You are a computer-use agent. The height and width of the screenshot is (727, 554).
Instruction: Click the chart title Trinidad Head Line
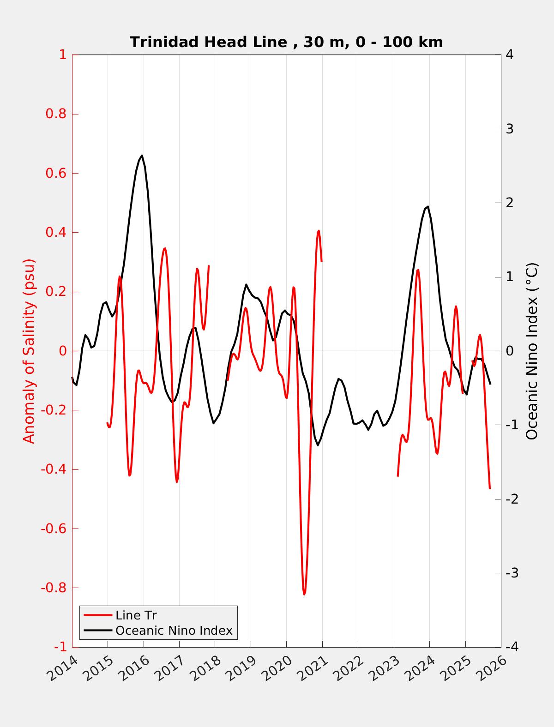coord(286,42)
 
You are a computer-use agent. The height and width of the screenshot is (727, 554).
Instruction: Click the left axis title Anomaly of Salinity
coord(29,351)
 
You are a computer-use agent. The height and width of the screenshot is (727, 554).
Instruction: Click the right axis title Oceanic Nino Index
coord(532,351)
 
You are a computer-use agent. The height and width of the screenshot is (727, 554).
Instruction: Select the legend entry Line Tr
coord(136,615)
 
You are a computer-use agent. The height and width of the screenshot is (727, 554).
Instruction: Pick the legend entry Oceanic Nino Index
coord(174,631)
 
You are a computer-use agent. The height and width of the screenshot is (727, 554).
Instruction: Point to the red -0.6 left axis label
coord(54,529)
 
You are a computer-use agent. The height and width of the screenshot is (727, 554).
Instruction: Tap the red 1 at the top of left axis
coord(62,55)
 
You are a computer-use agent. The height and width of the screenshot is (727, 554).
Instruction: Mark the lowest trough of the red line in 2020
coord(304,594)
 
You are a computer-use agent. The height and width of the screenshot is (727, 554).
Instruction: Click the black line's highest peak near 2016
coord(142,156)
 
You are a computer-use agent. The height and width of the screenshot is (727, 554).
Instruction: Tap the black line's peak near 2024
coord(428,207)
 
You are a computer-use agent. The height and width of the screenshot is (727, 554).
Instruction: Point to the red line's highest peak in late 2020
coord(319,230)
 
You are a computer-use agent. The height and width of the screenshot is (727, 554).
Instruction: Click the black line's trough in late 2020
coord(318,445)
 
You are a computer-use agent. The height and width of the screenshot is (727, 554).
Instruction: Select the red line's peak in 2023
coord(418,270)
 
